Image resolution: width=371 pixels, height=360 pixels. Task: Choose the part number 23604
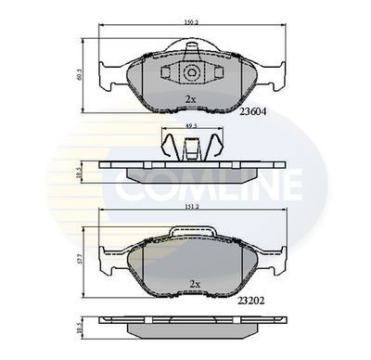tap(252, 110)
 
